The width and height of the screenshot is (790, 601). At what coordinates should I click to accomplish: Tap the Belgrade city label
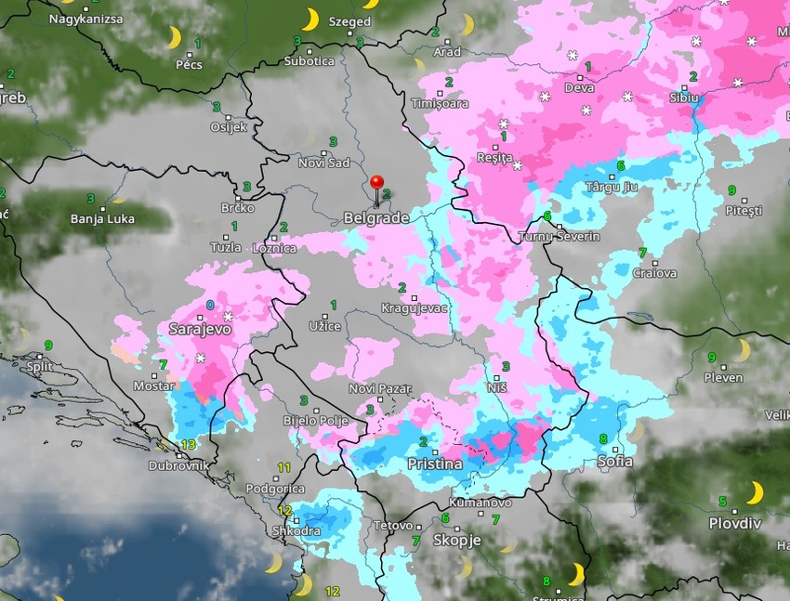[x=376, y=217]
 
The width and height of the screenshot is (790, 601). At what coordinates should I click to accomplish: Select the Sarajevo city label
[x=200, y=329]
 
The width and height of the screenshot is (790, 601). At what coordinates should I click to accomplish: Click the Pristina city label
[x=435, y=464]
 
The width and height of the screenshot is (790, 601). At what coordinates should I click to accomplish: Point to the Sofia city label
[x=615, y=461]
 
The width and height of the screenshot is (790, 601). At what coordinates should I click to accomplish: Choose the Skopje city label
[x=456, y=540]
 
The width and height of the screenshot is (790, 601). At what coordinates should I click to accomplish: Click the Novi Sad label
[x=323, y=163]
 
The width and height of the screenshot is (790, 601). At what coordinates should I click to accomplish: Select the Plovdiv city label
[x=734, y=523]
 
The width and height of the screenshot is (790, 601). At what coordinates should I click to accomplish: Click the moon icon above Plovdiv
[x=756, y=491]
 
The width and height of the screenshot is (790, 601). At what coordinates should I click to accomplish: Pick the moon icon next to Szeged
[x=309, y=20]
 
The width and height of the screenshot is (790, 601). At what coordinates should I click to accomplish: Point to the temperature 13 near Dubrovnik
[x=189, y=444]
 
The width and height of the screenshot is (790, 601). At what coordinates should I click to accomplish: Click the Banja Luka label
[x=102, y=219]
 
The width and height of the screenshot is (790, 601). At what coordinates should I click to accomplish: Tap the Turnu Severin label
[x=560, y=237]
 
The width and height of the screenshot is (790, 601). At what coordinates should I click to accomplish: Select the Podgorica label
[x=275, y=489]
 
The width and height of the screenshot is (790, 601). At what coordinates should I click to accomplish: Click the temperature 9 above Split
[x=48, y=346]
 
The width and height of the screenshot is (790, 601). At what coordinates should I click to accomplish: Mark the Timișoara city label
[x=441, y=104]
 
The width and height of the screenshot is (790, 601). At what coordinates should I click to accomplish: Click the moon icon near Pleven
[x=742, y=350]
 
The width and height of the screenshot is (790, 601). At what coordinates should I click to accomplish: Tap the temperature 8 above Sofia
[x=602, y=438]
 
